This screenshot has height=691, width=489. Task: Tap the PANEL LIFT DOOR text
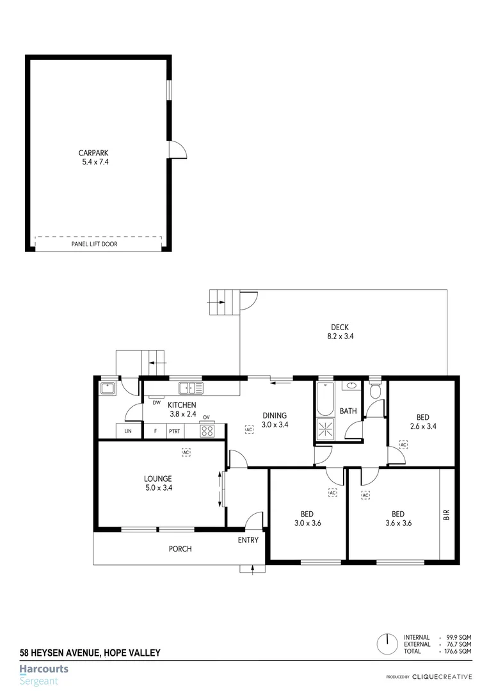94,244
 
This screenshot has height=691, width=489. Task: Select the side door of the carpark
177,149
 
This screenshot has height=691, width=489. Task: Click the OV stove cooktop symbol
206,430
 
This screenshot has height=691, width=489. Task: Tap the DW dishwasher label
156,402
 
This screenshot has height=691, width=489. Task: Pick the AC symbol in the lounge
186,453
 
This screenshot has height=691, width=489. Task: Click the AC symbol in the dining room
249,429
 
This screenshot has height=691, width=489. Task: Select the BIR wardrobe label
447,514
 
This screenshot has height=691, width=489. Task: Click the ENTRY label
248,540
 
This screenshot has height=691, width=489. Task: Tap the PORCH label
180,549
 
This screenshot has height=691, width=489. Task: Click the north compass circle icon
387,643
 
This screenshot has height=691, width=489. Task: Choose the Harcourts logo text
44,670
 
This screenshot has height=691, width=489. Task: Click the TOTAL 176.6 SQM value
458,651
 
